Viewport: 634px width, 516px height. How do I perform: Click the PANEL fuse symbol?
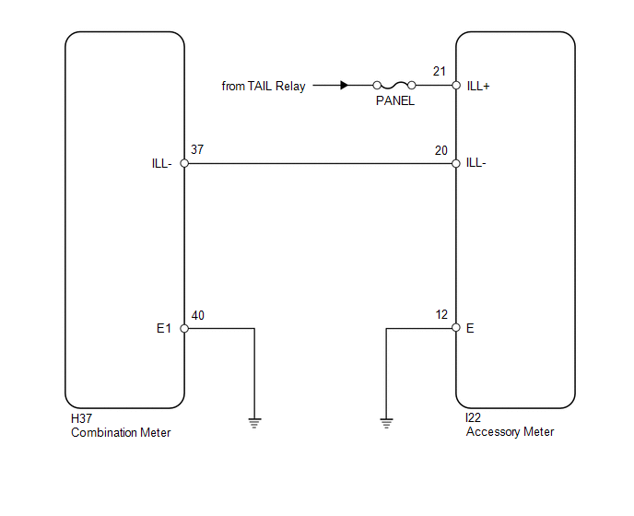pos(394,86)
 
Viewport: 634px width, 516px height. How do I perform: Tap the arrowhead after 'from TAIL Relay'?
pos(344,86)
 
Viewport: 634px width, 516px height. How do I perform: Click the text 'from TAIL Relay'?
pos(264,86)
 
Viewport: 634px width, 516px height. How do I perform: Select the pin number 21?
pos(440,71)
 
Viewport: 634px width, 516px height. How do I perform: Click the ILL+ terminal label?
pos(478,86)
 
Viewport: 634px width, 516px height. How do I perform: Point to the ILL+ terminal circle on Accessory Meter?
pos(456,86)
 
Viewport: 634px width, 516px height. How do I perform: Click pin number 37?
pos(197,149)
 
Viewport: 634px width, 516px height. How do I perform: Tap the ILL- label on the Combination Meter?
pos(162,163)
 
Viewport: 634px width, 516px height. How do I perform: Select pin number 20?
pos(441,150)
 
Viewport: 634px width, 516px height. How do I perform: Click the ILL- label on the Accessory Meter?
pos(475,162)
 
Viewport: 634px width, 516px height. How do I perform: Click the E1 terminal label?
pos(164,328)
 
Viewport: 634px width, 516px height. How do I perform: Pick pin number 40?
pos(198,315)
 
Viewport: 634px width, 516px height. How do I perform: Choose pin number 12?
pos(441,314)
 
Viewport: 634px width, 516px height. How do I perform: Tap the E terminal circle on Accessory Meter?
pos(456,327)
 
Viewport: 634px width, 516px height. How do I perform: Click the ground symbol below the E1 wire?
pos(254,423)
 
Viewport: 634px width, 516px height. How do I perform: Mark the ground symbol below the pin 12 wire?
pos(386,423)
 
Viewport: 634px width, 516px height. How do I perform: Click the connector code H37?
pos(81,418)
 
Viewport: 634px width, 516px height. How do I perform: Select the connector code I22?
pos(473,417)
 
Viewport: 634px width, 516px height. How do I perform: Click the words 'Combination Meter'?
pos(121,433)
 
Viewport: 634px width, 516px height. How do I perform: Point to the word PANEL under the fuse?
pos(395,100)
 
